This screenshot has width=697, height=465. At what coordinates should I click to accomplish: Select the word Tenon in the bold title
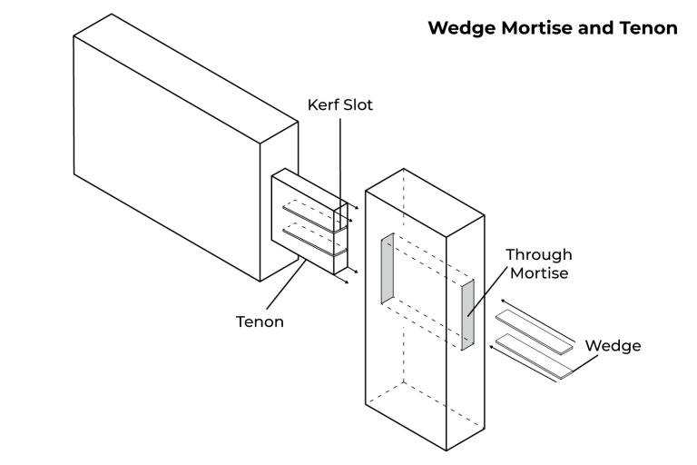649,28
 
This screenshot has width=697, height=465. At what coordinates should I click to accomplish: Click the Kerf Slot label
339,105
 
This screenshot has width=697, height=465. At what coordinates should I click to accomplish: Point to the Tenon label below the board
260,321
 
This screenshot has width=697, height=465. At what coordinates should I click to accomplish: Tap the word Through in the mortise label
539,254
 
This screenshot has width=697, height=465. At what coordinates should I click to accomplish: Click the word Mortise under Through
539,272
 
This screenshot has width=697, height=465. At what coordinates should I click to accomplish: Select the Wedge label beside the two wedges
613,346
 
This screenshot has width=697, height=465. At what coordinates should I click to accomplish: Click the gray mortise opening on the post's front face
387,269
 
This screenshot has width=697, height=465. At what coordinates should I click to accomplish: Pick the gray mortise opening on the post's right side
468,315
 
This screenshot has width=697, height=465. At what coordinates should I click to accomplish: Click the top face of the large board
185,76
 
